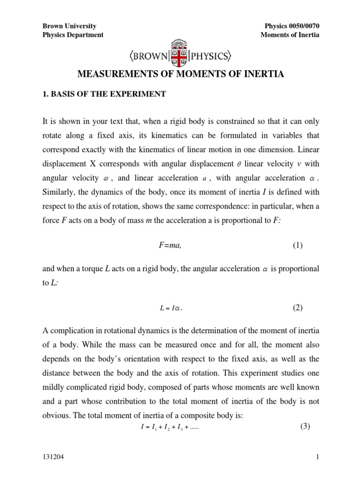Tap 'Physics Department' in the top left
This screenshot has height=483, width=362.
pyautogui.click(x=73, y=35)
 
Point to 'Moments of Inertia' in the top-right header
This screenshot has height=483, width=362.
pyautogui.click(x=290, y=35)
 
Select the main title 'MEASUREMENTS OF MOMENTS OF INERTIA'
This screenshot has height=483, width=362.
pyautogui.click(x=181, y=75)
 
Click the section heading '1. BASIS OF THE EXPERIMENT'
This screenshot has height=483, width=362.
pyautogui.click(x=104, y=94)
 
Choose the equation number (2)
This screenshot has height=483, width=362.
pyautogui.click(x=297, y=308)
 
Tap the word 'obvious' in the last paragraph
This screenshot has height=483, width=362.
pyautogui.click(x=56, y=416)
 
